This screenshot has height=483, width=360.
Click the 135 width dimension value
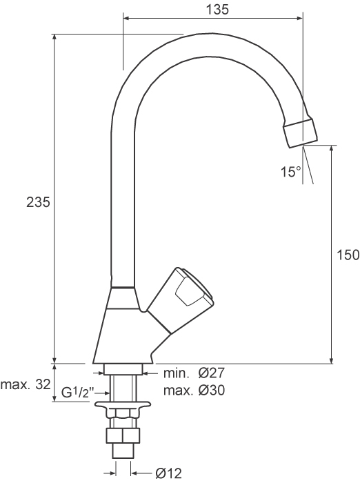tap(217, 10)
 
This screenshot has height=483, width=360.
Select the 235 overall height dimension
tap(38, 203)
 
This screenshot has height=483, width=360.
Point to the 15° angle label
tap(290, 172)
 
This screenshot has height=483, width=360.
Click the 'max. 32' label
tap(26, 385)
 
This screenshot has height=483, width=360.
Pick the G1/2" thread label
tap(76, 393)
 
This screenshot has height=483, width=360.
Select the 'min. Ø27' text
tap(194, 373)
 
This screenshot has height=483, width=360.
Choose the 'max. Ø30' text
tap(194, 391)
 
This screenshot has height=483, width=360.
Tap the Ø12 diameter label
tap(168, 473)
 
